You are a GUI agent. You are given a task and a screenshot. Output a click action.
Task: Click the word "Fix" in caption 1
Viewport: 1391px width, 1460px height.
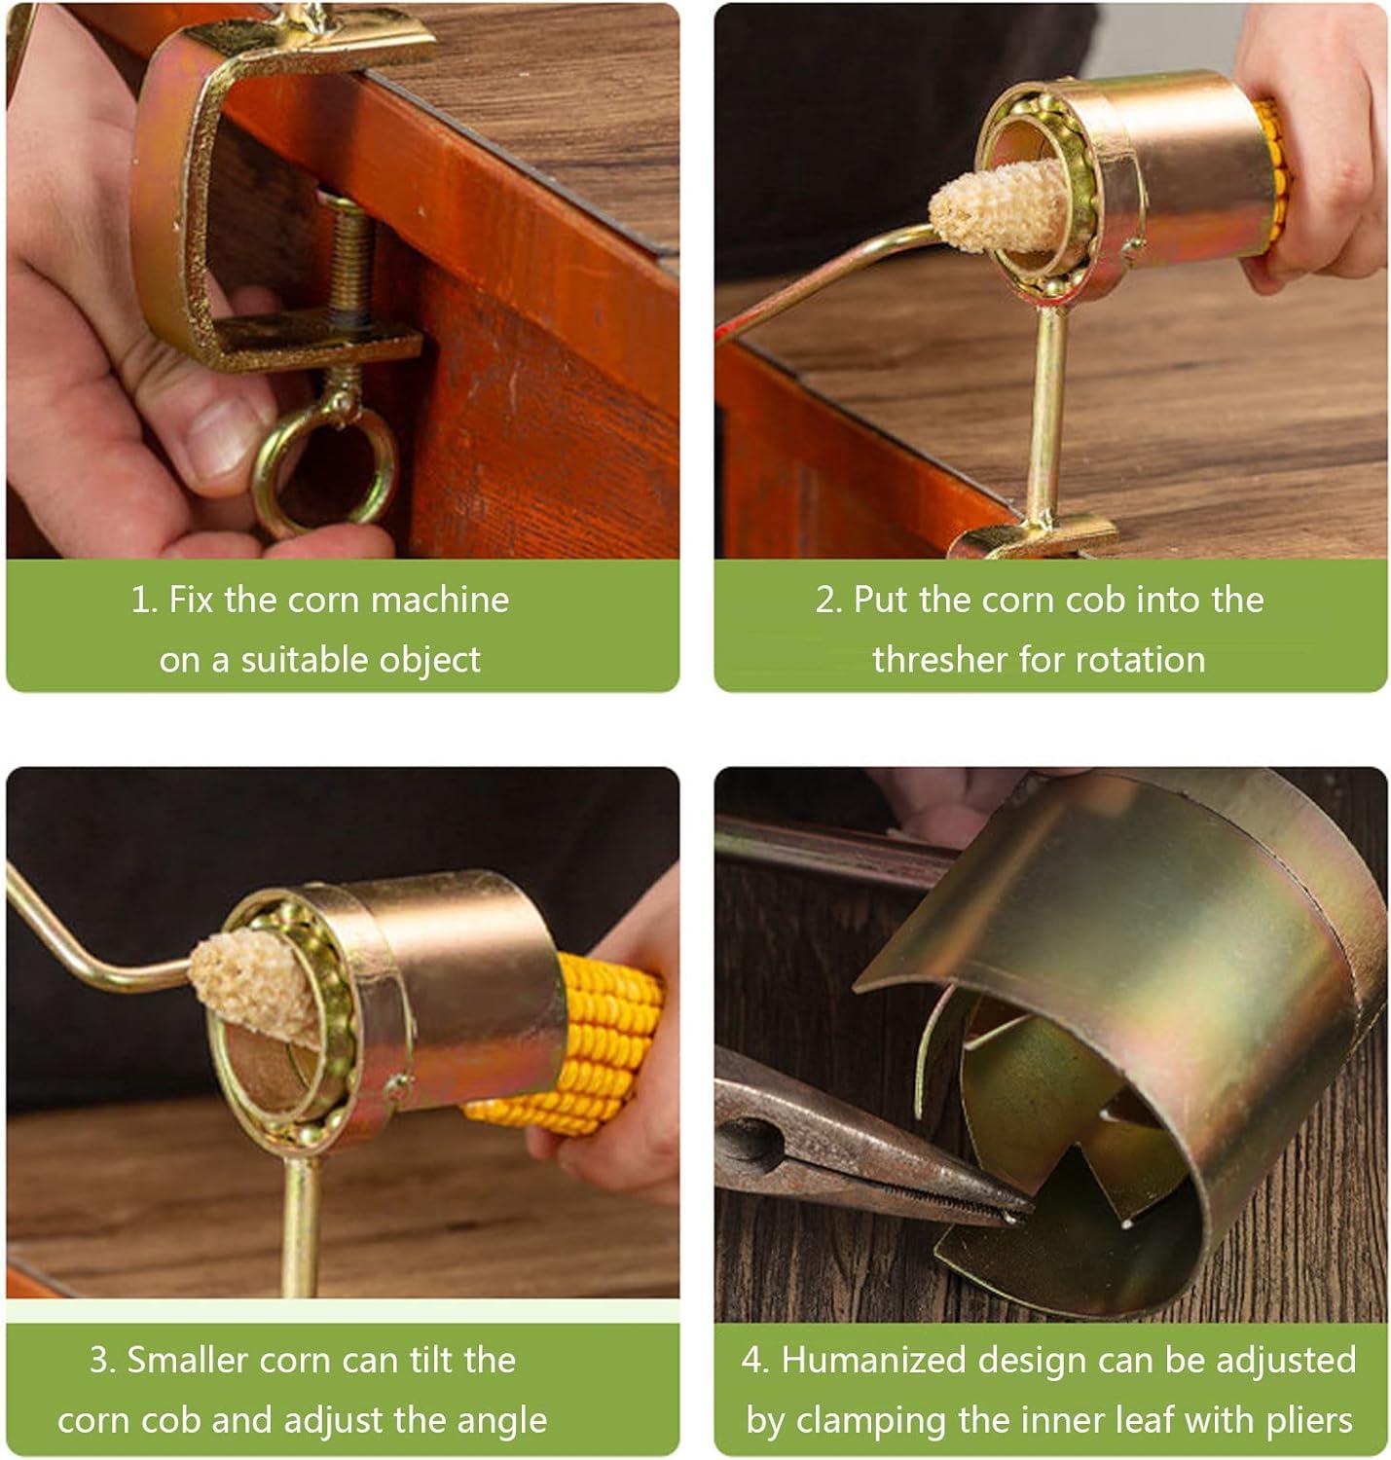click(192, 600)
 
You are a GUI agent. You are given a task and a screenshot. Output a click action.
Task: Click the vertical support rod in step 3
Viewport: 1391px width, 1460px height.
click(301, 1217)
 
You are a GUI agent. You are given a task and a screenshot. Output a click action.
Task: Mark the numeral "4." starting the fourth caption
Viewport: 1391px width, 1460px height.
click(755, 1360)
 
